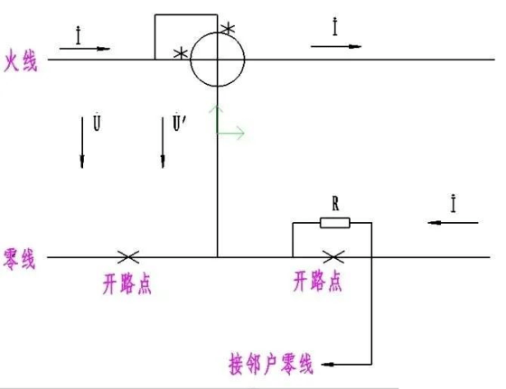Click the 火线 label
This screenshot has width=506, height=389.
click(20, 60)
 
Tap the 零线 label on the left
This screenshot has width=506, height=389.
click(19, 259)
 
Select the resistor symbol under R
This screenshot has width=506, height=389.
click(335, 223)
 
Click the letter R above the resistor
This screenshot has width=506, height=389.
click(335, 204)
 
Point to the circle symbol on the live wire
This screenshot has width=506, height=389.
click(218, 32)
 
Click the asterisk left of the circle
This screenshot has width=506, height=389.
click(181, 53)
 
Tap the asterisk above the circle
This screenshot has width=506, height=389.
click(228, 28)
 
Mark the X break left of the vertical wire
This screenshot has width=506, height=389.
click(128, 257)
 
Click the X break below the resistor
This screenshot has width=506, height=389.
click(333, 257)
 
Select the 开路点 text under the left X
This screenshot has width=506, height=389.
click(127, 283)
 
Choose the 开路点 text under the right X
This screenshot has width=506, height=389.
click(317, 282)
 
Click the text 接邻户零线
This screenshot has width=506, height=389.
click(271, 365)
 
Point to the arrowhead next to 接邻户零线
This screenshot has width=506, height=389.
click(327, 365)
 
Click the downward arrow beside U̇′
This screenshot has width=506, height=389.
click(163, 143)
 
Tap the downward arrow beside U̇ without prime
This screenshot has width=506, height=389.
click(82, 143)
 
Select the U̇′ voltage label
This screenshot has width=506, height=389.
click(180, 122)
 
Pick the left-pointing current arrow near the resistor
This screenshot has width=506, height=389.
click(453, 223)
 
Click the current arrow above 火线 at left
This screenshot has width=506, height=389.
click(85, 49)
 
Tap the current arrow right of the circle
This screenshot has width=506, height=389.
click(336, 46)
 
